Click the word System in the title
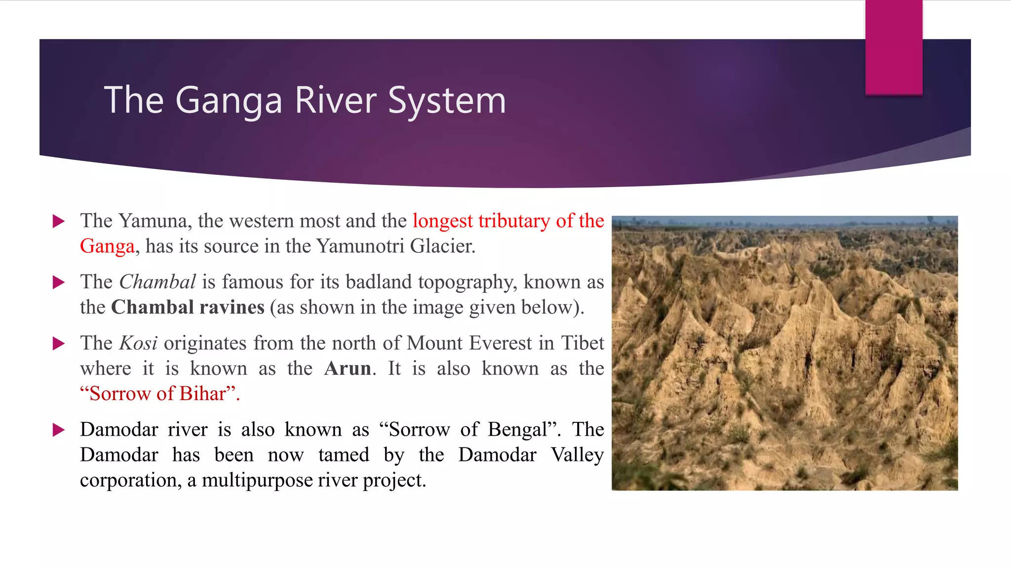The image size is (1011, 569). coord(447,100)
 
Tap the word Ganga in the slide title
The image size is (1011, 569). coord(229,100)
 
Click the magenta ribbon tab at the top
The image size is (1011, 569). coord(894,47)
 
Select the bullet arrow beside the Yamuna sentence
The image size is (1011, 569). coord(59,221)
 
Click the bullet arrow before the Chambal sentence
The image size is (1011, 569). coord(59,282)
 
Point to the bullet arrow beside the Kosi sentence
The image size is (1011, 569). coord(59,343)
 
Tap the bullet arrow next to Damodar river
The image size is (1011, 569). coord(59,430)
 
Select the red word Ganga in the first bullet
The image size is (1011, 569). coord(107,246)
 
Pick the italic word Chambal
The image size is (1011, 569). coord(157,282)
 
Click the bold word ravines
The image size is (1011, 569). coord(232,307)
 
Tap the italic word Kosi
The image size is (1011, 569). coord(138,343)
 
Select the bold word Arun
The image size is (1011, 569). coord(348,368)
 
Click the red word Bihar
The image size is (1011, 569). coord(202,394)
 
